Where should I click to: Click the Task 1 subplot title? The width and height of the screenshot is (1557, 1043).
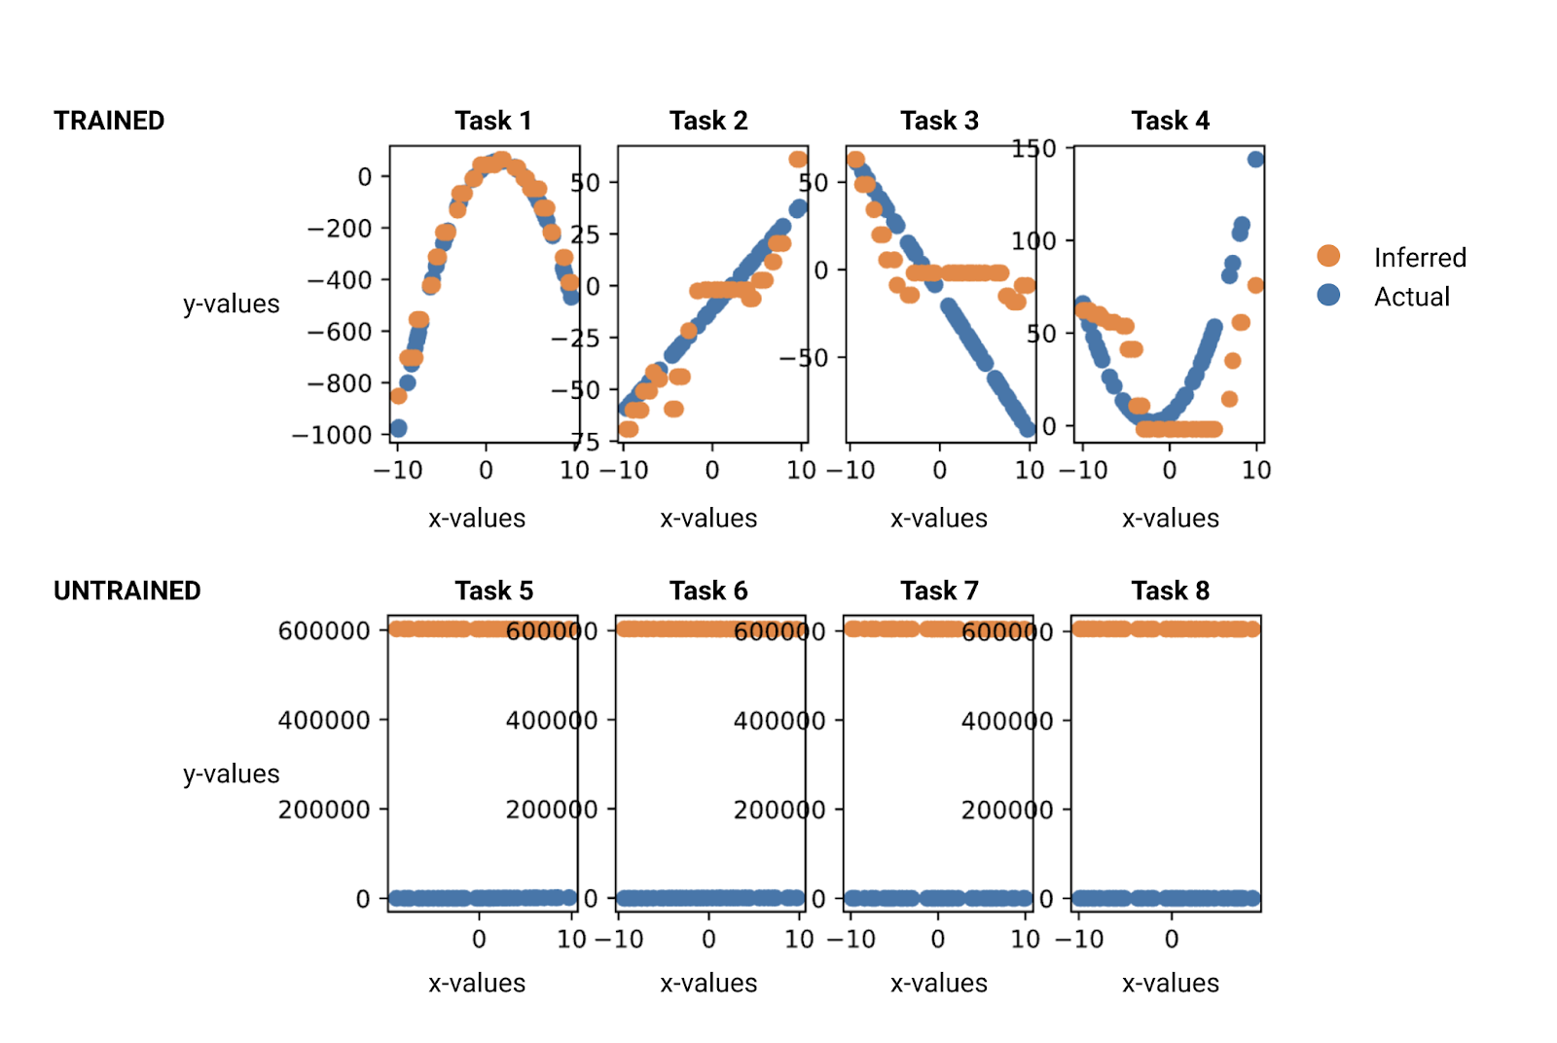pyautogui.click(x=492, y=121)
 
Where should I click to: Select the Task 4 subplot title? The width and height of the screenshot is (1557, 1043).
pyautogui.click(x=1170, y=121)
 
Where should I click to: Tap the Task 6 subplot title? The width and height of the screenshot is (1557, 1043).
pyautogui.click(x=708, y=591)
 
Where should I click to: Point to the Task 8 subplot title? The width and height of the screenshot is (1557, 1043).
pyautogui.click(x=1170, y=591)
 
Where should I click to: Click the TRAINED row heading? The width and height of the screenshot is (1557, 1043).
pyautogui.click(x=109, y=121)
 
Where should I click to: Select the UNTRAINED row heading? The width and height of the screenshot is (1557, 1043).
pyautogui.click(x=127, y=591)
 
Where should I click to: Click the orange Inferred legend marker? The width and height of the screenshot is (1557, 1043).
pyautogui.click(x=1328, y=256)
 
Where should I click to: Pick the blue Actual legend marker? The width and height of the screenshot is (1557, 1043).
pyautogui.click(x=1328, y=295)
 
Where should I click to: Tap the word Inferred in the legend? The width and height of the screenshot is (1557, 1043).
pyautogui.click(x=1419, y=258)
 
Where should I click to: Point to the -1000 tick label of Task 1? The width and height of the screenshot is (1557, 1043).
pyautogui.click(x=332, y=435)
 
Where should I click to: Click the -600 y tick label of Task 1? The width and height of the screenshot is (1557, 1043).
pyautogui.click(x=340, y=332)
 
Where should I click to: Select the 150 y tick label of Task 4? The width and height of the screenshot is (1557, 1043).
pyautogui.click(x=1033, y=149)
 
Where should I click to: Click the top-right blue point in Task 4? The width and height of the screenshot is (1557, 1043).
pyautogui.click(x=1255, y=160)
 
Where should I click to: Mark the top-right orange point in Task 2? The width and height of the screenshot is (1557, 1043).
pyautogui.click(x=798, y=160)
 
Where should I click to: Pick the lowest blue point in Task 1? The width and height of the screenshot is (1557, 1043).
pyautogui.click(x=398, y=428)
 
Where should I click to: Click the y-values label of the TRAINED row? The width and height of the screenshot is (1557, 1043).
pyautogui.click(x=231, y=305)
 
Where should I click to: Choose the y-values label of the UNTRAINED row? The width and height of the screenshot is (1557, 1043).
pyautogui.click(x=231, y=774)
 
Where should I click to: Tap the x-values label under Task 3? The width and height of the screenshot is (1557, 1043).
pyautogui.click(x=938, y=519)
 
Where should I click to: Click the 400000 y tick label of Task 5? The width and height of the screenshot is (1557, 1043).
pyautogui.click(x=324, y=721)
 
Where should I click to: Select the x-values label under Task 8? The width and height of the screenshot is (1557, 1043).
pyautogui.click(x=1170, y=984)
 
